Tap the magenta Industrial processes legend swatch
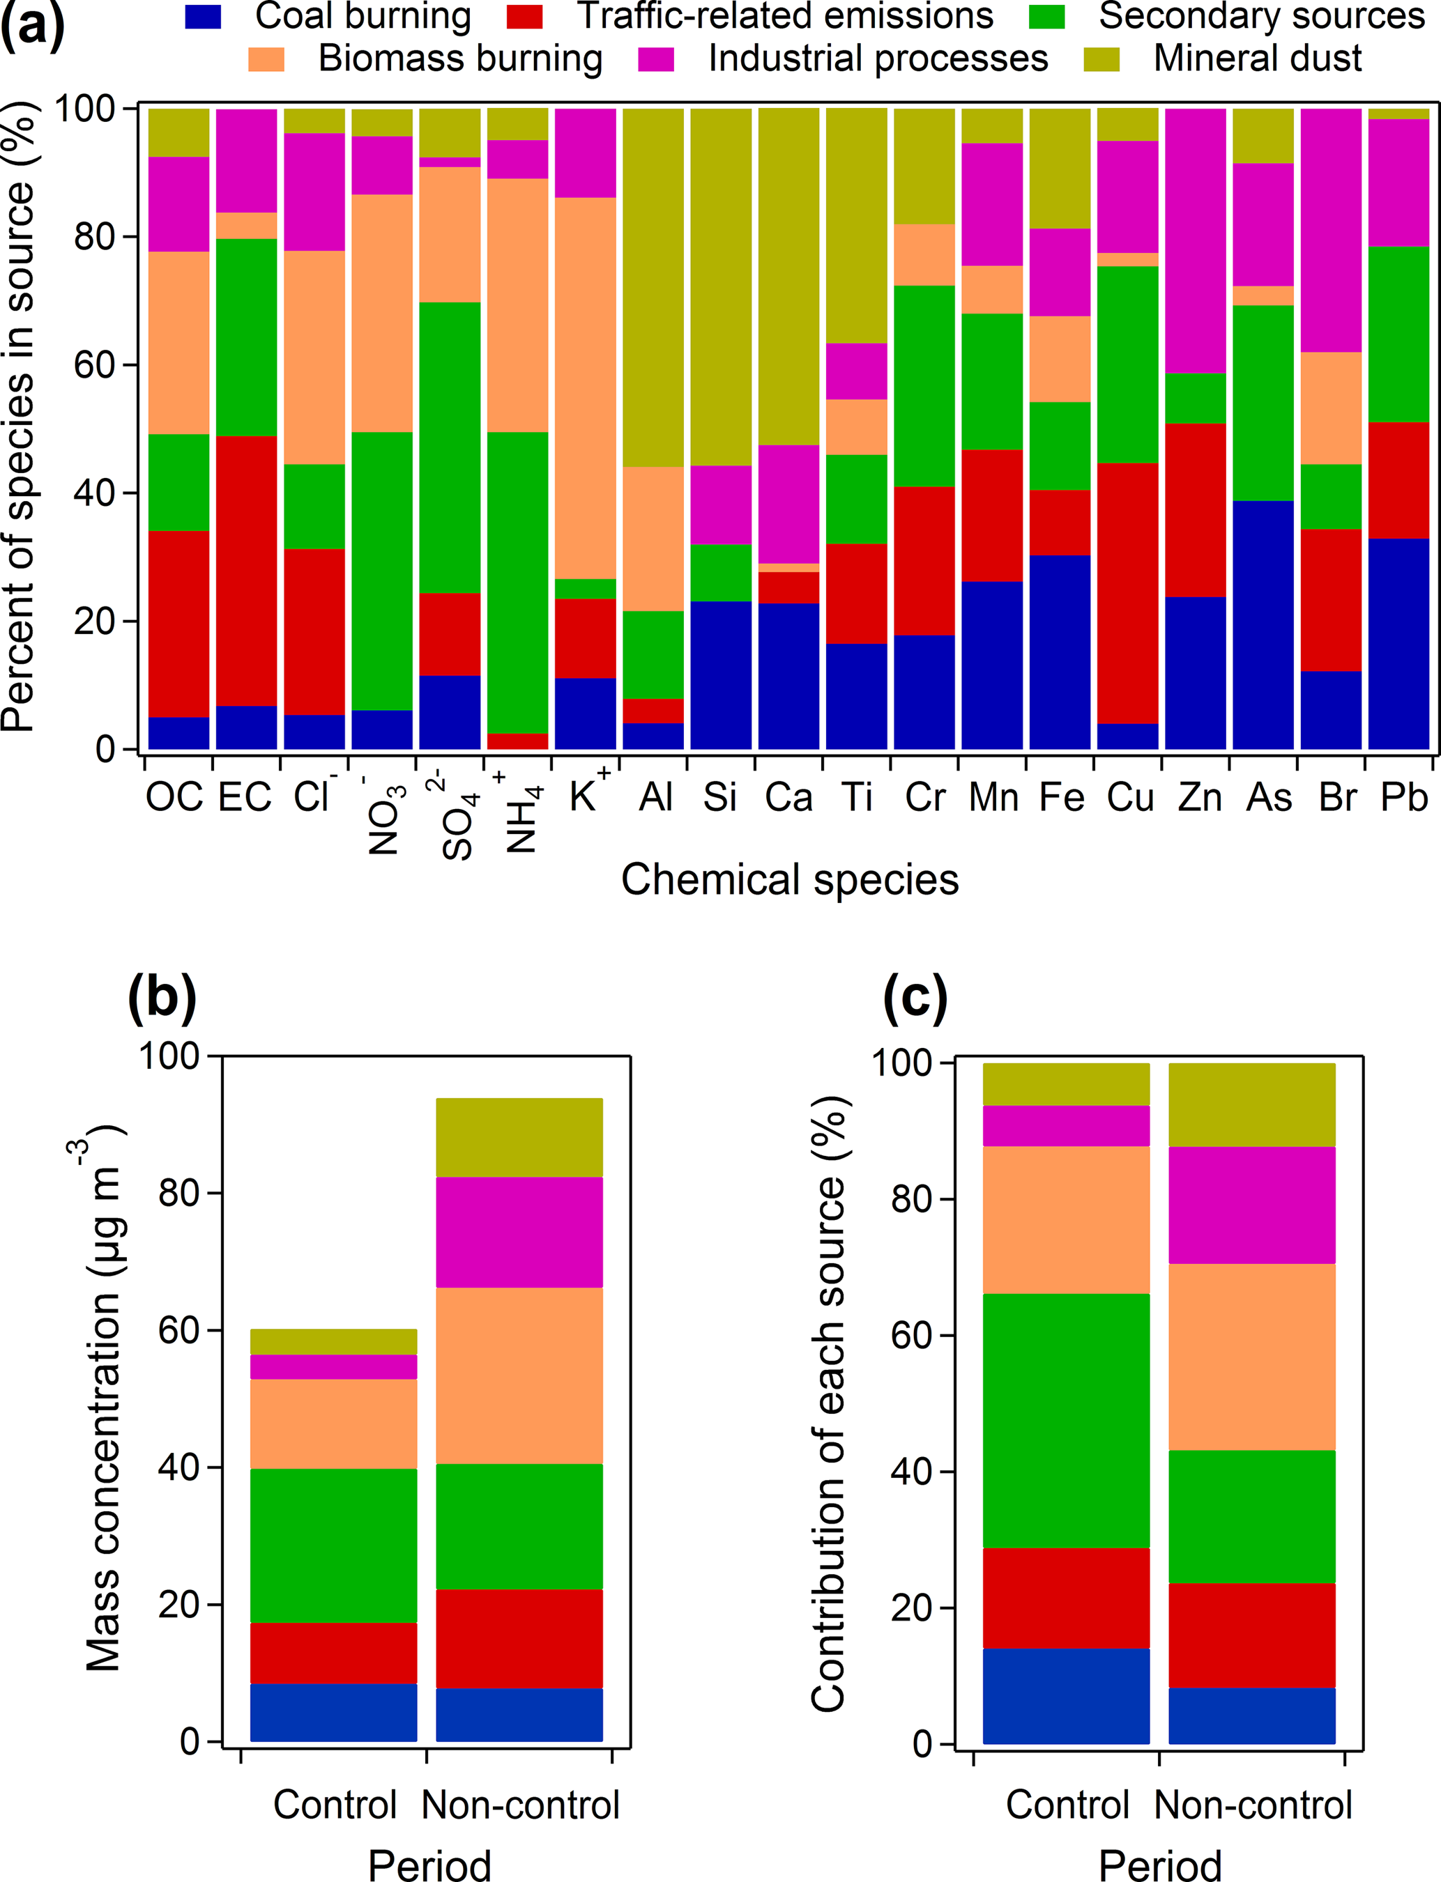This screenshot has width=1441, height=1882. tap(656, 59)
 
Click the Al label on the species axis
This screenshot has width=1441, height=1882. tap(655, 797)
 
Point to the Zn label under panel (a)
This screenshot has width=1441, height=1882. tap(1198, 797)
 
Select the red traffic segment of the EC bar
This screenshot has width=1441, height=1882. tap(246, 570)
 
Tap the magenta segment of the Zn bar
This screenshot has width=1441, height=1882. tap(1195, 240)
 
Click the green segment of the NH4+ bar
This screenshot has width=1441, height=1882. tap(517, 583)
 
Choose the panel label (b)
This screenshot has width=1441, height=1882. tap(162, 997)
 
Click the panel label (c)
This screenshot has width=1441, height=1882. tap(915, 997)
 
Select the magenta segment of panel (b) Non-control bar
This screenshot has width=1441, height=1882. tap(519, 1232)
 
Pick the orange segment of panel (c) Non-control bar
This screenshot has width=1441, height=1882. tap(1251, 1357)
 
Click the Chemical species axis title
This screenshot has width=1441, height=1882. tap(789, 881)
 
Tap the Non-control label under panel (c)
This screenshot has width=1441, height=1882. tap(1252, 1805)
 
